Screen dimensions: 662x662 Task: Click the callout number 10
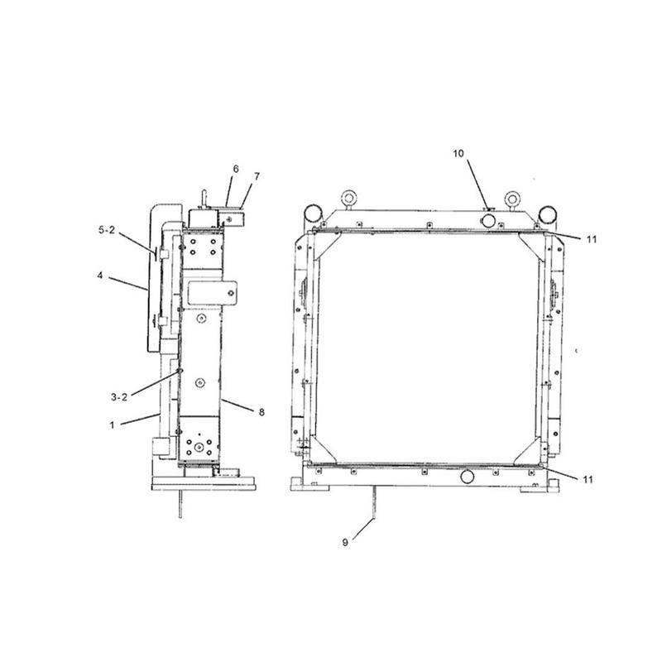[459, 154]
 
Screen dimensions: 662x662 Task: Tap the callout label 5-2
[108, 230]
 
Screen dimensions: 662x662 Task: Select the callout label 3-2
[119, 396]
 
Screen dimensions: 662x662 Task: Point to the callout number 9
[345, 542]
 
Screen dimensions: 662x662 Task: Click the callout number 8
[261, 410]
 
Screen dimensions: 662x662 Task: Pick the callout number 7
[236, 169]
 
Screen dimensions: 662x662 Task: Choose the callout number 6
[257, 176]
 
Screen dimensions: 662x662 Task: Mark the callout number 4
[99, 276]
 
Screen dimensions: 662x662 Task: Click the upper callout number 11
[591, 239]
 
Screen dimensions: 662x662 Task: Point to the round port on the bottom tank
[468, 477]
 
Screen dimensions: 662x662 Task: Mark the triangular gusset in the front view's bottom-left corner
[324, 451]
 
